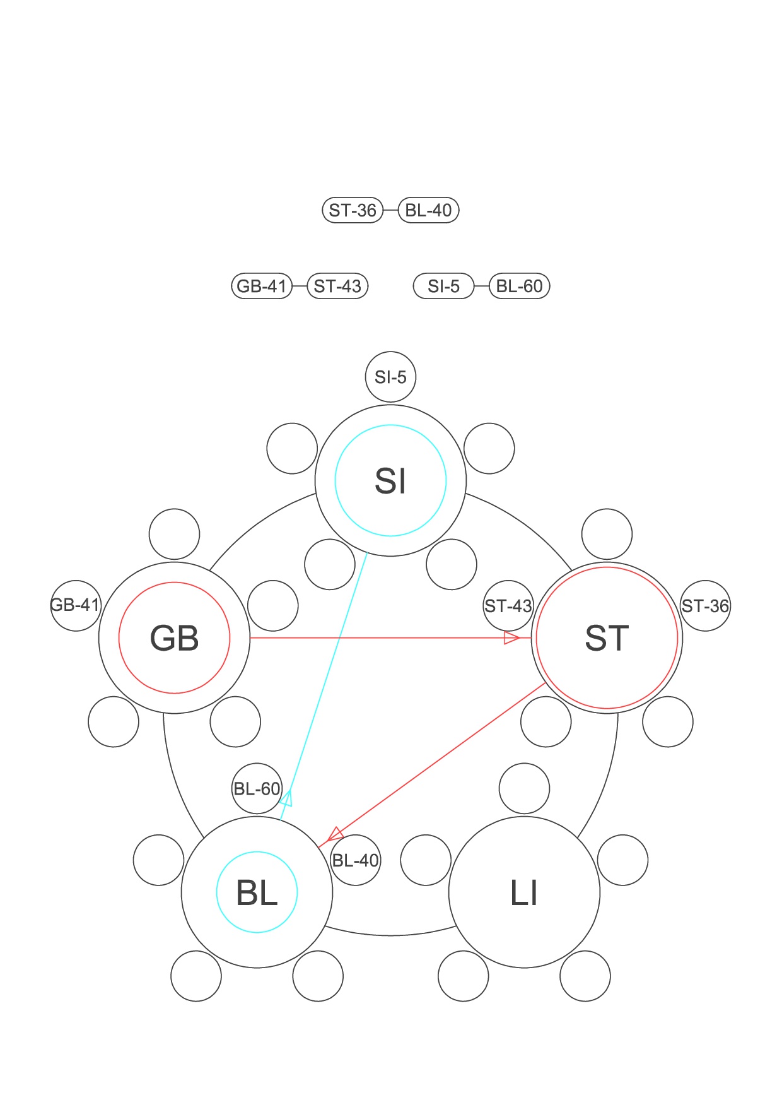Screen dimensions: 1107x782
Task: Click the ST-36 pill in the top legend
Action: (x=353, y=210)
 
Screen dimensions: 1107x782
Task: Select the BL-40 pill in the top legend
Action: (x=429, y=210)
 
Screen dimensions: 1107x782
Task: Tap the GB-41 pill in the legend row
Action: (x=262, y=286)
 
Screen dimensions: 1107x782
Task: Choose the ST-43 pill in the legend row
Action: (x=337, y=286)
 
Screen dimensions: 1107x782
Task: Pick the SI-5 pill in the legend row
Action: (x=443, y=286)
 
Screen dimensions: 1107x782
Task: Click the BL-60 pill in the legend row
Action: (x=520, y=286)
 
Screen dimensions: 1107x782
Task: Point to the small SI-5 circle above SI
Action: (x=390, y=377)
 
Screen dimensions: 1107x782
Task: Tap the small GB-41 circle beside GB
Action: (x=75, y=605)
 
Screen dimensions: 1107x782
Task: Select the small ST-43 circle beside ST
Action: (x=508, y=606)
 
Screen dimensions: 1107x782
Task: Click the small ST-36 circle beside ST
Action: (x=705, y=606)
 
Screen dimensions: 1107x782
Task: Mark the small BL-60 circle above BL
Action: (x=257, y=789)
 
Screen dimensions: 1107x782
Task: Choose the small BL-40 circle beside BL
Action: (x=356, y=860)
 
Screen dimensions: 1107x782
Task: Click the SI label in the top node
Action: (x=390, y=481)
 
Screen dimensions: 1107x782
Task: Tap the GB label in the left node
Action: (x=174, y=638)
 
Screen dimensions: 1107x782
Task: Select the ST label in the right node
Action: (x=607, y=638)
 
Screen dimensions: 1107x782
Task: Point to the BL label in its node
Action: (x=257, y=892)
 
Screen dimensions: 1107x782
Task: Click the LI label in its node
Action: (x=524, y=892)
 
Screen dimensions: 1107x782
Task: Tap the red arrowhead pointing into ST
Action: (x=511, y=638)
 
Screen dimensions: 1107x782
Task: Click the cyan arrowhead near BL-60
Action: (x=287, y=798)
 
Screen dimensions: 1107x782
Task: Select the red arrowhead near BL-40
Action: (x=335, y=834)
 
